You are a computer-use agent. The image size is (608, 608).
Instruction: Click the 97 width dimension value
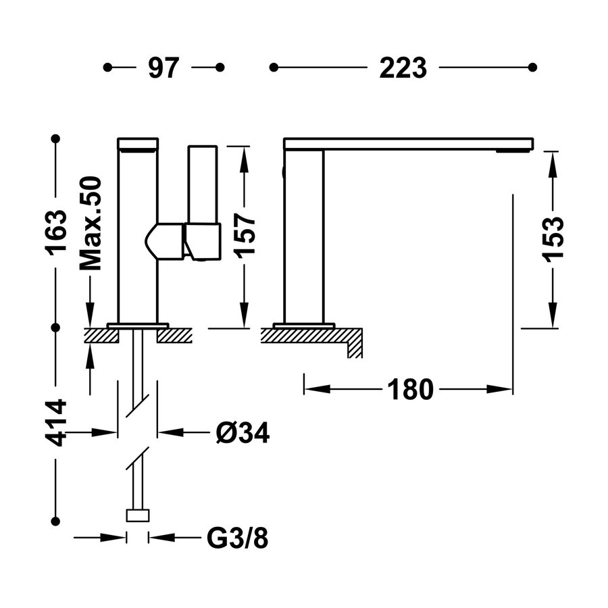click(x=163, y=68)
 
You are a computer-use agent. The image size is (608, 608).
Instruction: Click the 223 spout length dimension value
click(x=403, y=68)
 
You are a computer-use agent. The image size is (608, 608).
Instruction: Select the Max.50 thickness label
click(x=90, y=223)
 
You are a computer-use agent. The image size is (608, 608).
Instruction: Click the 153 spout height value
click(x=553, y=239)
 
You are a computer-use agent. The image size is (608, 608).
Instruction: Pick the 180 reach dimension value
click(x=409, y=389)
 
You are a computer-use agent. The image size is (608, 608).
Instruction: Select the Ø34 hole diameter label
click(x=243, y=434)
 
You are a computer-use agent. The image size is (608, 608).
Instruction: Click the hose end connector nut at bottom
click(x=137, y=516)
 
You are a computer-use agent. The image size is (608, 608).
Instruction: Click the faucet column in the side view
click(x=304, y=236)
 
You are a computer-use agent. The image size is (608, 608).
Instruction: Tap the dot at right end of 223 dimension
click(x=532, y=68)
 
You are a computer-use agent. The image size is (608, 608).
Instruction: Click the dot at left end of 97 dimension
click(x=107, y=68)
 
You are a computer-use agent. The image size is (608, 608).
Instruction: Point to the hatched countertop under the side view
click(x=304, y=336)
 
